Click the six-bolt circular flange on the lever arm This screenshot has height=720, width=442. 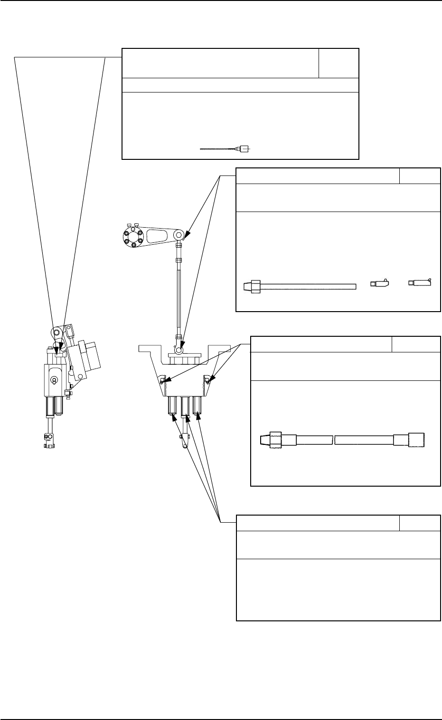[132, 237]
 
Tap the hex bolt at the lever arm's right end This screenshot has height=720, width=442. [179, 234]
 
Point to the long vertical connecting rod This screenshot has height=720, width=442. [179, 294]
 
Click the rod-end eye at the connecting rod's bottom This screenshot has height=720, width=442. [179, 350]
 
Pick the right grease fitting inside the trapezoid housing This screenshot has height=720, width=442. [207, 379]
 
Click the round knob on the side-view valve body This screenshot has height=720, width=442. [54, 379]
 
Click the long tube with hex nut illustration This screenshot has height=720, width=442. [299, 286]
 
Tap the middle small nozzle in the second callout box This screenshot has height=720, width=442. [380, 284]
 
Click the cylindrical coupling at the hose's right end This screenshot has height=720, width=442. [409, 440]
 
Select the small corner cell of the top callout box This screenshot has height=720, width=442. [339, 63]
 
